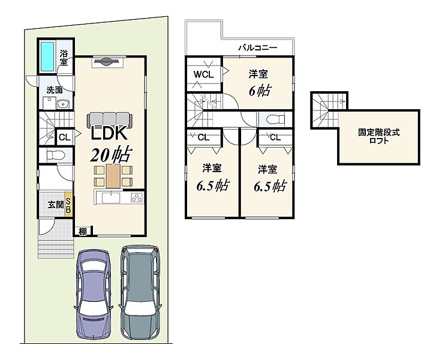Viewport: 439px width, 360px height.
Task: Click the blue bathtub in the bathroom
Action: pos(47,56)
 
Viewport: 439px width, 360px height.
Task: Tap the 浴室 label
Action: pos(64,58)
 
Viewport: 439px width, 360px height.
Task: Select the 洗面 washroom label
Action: pos(55,90)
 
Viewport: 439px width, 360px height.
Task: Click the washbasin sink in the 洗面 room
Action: pos(64,104)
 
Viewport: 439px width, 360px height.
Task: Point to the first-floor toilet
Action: pos(56,155)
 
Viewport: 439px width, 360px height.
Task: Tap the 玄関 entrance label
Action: pos(56,205)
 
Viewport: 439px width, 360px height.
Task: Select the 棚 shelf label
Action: pos(82,232)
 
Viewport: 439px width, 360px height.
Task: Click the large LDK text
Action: pos(109,133)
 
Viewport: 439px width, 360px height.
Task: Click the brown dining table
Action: pos(113,176)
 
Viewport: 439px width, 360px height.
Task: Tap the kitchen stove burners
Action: pos(137,197)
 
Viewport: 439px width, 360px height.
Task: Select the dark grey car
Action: pos(140,293)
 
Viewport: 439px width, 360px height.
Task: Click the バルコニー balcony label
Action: pos(257,47)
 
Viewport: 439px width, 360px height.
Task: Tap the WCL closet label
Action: pos(203,74)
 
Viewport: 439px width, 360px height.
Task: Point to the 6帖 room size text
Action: pos(260,91)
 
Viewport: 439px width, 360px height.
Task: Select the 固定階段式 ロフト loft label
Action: pos(379,136)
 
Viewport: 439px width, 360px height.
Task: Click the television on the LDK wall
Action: pos(108,61)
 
